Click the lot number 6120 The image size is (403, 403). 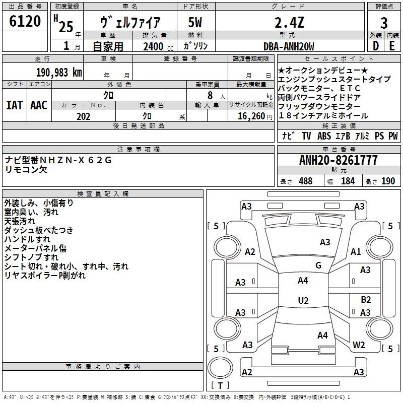[25, 21]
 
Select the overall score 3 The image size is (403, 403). [384, 23]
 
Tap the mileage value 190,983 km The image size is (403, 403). [59, 73]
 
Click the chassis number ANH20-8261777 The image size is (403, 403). [339, 160]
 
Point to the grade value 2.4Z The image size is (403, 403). [289, 23]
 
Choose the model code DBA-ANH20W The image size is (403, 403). [289, 46]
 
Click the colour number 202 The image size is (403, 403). [83, 116]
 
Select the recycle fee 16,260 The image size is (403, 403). [251, 116]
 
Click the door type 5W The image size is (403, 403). [195, 22]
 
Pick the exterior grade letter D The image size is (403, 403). [375, 46]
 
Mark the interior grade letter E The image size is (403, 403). [392, 46]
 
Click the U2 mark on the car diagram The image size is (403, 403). [303, 300]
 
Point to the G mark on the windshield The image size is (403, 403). [318, 265]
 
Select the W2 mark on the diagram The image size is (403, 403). [359, 345]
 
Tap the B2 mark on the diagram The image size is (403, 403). [366, 299]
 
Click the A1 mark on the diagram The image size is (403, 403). [356, 251]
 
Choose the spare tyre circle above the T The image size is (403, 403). [220, 368]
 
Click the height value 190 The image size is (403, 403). [388, 181]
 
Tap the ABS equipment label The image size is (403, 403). [324, 136]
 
